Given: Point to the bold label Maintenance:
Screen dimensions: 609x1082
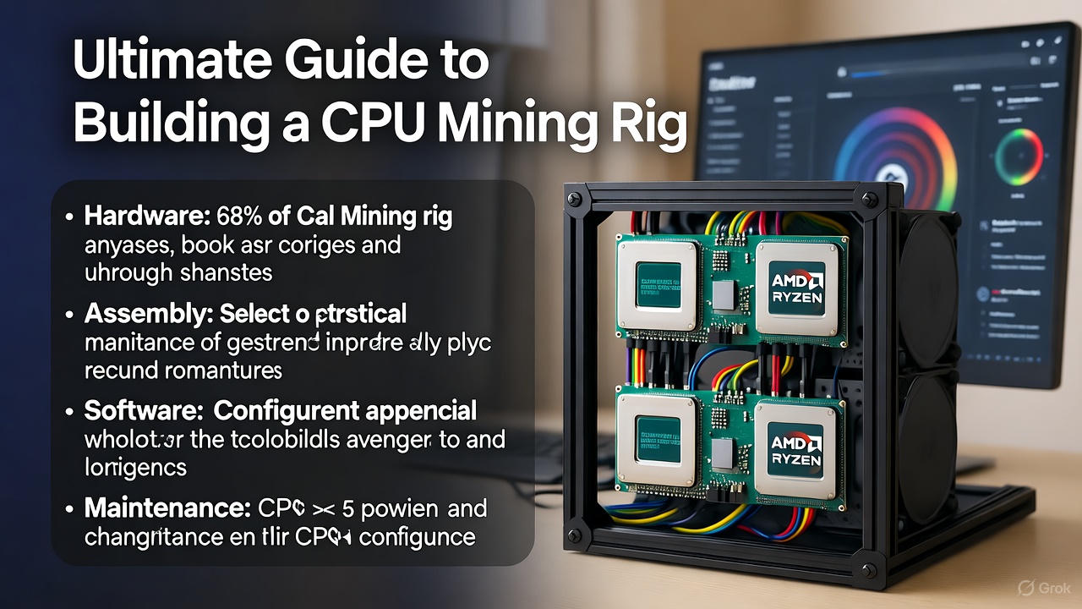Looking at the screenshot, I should click(166, 509).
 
